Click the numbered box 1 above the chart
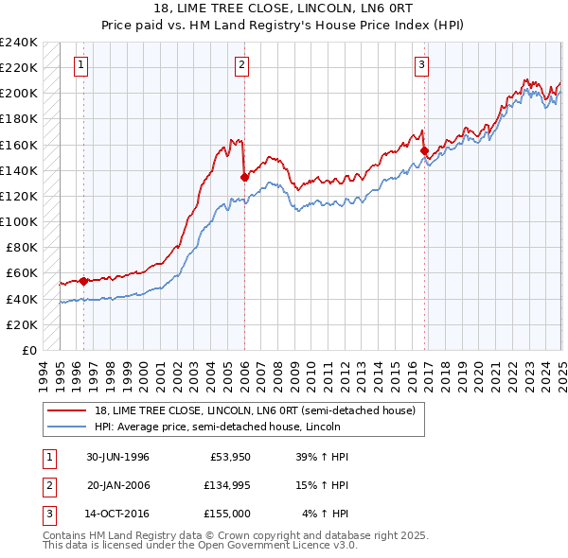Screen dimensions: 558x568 pyautogui.click(x=81, y=65)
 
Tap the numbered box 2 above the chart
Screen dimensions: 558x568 pyautogui.click(x=242, y=65)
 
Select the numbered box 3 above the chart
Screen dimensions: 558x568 pyautogui.click(x=421, y=65)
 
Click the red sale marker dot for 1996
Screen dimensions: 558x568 pyautogui.click(x=83, y=280)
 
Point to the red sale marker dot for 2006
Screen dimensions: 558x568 pyautogui.click(x=244, y=176)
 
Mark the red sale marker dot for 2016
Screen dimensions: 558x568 pyautogui.click(x=424, y=150)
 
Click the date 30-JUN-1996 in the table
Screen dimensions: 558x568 pyautogui.click(x=117, y=457)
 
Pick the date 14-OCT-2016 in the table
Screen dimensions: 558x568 pyautogui.click(x=118, y=515)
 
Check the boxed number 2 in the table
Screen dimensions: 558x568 pyautogui.click(x=47, y=486)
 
